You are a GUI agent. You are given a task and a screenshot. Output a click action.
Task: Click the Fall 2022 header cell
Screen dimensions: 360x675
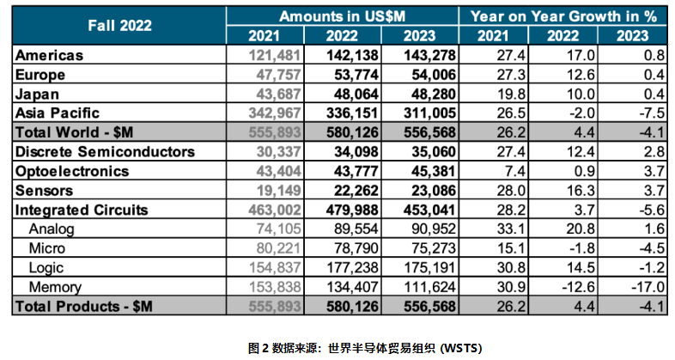coord(119,26)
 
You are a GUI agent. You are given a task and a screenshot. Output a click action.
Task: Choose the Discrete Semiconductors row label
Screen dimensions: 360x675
coord(105,151)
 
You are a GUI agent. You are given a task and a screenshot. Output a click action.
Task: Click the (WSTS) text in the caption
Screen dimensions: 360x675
coord(461,347)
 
